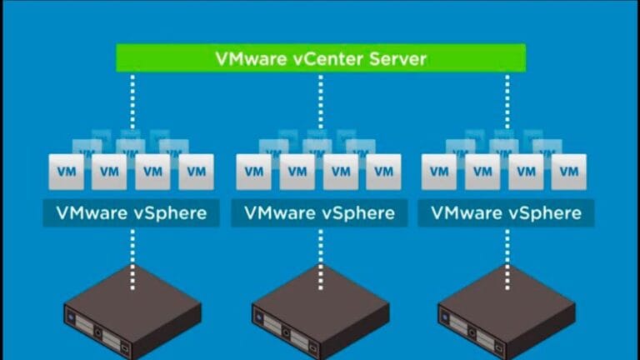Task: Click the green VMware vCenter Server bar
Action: point(320,58)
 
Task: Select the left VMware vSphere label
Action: point(131,212)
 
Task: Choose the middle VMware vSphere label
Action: point(319,212)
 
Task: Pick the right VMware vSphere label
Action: point(507,212)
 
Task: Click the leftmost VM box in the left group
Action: point(65,172)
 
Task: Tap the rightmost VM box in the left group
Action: point(196,172)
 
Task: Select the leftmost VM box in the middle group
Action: point(252,172)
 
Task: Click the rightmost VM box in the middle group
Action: point(382,172)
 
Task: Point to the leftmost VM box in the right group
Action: point(438,172)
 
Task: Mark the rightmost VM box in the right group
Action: point(569,172)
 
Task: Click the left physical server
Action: point(132,312)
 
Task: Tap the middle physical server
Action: point(320,312)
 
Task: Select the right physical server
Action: point(507,312)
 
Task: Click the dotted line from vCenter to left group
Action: point(132,100)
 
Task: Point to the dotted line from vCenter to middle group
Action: point(320,100)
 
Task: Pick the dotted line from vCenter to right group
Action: point(507,100)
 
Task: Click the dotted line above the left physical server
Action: point(132,254)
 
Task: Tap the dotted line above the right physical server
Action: point(507,254)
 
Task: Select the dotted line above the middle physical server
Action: point(320,254)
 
